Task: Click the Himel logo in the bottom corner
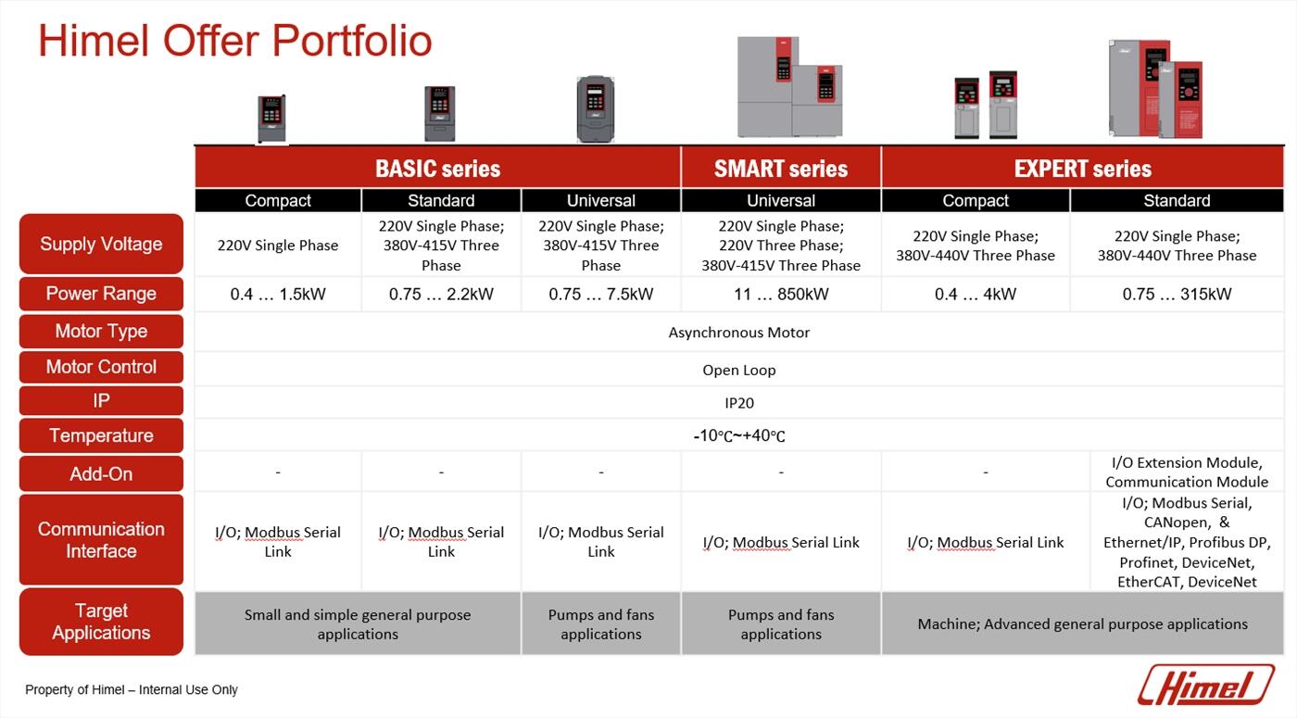pyautogui.click(x=1205, y=685)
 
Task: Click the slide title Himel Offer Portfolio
pyautogui.click(x=235, y=41)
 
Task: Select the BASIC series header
pyautogui.click(x=437, y=168)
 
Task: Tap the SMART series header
pyautogui.click(x=780, y=168)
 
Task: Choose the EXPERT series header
pyautogui.click(x=1083, y=168)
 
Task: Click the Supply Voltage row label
pyautogui.click(x=101, y=244)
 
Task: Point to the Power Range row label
pyautogui.click(x=101, y=294)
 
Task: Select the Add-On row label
pyautogui.click(x=101, y=473)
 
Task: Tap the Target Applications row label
pyautogui.click(x=101, y=622)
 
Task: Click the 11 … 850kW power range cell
pyautogui.click(x=781, y=295)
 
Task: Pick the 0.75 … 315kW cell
pyautogui.click(x=1177, y=295)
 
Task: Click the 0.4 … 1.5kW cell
pyautogui.click(x=278, y=295)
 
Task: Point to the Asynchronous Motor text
pyautogui.click(x=739, y=333)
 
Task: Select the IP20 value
pyautogui.click(x=739, y=403)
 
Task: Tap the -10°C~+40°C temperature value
pyautogui.click(x=739, y=435)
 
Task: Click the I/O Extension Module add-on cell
pyautogui.click(x=1187, y=472)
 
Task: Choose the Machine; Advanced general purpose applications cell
pyautogui.click(x=1083, y=624)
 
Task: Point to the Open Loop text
pyautogui.click(x=739, y=370)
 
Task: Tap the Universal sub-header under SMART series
pyautogui.click(x=780, y=200)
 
